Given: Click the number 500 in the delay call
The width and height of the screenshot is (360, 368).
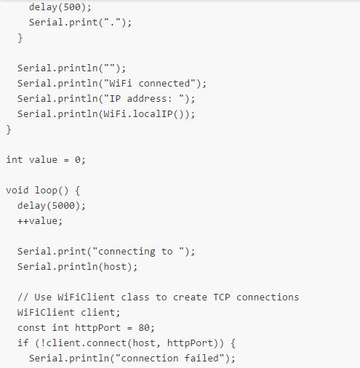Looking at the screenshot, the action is click(72, 7).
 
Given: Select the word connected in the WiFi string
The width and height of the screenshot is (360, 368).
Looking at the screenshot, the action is click(164, 84).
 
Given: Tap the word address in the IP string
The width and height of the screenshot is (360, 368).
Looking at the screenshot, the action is click(147, 99).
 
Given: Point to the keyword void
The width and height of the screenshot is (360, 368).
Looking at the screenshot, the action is click(17, 191).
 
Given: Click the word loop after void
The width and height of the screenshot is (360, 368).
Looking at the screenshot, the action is click(46, 191).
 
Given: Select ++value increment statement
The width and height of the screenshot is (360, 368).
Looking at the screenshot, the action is click(40, 221).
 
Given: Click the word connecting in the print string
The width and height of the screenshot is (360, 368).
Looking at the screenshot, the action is click(127, 252).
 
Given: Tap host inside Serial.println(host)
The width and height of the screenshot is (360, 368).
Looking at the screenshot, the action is click(115, 267).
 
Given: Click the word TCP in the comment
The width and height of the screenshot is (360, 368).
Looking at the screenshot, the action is click(222, 297).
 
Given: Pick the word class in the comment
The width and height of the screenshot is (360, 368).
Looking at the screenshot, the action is click(135, 297).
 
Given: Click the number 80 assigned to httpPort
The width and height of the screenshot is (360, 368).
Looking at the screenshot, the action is click(144, 328).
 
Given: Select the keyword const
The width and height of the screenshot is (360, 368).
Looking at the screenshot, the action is click(31, 328).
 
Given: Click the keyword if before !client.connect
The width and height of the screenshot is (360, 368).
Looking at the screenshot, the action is click(23, 343).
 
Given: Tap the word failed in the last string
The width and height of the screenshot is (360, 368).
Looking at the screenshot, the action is click(201, 359).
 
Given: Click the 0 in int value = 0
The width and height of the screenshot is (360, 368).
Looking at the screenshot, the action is click(78, 160).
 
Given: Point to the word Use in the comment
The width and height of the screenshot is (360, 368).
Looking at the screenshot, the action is click(43, 297).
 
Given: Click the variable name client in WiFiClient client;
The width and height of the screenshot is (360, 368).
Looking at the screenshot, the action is click(97, 313).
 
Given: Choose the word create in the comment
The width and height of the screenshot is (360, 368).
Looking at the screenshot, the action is click(190, 297).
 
